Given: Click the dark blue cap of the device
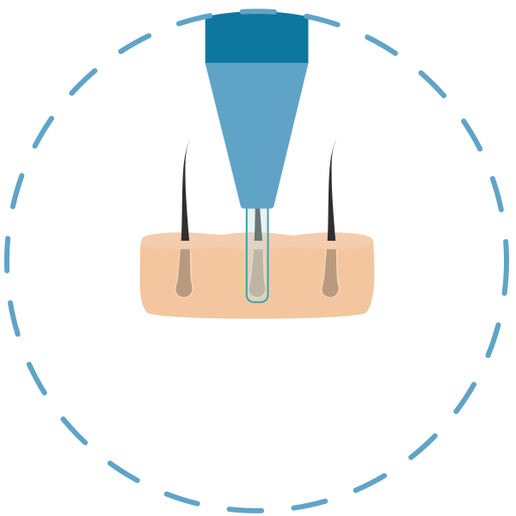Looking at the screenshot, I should pos(256,37).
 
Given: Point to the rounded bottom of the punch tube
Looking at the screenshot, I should pos(257,298).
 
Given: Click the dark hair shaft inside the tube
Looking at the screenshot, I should pos(257,225).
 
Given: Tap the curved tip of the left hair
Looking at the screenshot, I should pos(188,142).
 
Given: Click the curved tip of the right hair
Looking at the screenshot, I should pos(334,143).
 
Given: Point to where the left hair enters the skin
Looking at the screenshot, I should pos(184,238).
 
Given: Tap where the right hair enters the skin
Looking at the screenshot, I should pos(329,238).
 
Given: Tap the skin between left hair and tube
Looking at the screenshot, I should pos(217,275).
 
